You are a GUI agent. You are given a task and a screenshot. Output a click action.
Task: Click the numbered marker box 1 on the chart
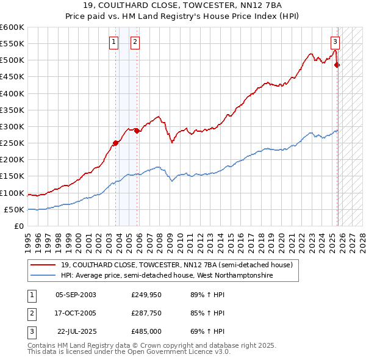(x=114, y=42)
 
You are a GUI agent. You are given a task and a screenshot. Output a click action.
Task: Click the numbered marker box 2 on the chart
(x=135, y=42)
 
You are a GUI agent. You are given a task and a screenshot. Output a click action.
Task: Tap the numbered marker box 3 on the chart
(x=335, y=42)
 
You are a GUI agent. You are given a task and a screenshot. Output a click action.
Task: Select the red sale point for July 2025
(x=337, y=65)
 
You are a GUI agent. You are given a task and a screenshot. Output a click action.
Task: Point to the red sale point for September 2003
(x=115, y=143)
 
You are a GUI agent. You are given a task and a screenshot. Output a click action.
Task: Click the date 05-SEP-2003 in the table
(x=76, y=295)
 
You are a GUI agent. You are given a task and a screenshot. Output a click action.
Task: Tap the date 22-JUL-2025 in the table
(x=76, y=333)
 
